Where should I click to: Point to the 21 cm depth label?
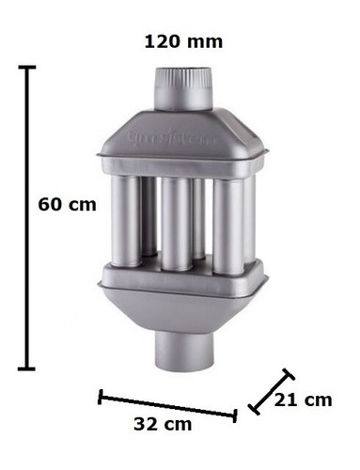303,400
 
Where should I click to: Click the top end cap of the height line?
27,68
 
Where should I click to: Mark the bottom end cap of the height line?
27,368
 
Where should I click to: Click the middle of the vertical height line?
27,218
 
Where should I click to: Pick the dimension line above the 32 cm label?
167,405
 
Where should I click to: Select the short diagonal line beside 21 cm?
271,390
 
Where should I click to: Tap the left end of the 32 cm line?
101,397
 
